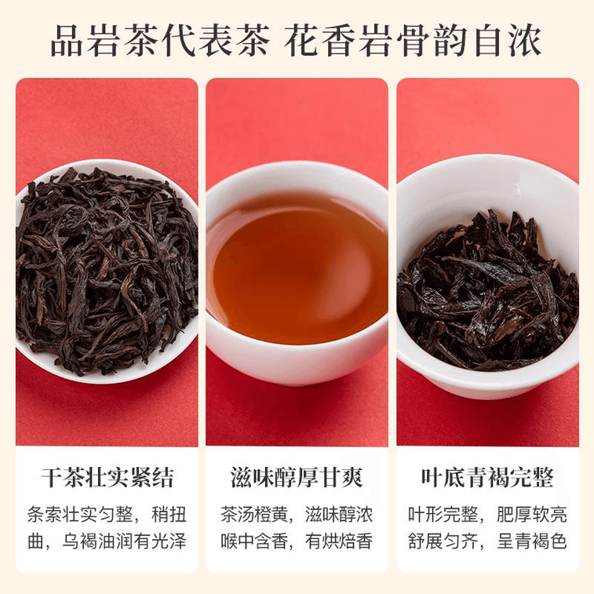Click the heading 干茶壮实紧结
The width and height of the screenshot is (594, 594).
108,478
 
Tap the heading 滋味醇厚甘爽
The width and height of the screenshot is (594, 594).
297,478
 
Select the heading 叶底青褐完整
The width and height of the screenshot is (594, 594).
487,478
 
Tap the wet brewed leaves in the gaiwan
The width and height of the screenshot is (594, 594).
488,292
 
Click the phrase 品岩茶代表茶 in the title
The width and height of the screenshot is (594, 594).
160,41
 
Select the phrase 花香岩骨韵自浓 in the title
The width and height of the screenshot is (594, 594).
413,41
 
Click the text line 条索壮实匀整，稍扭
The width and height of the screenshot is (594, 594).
108,515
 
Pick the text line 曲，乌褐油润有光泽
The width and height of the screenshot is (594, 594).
108,541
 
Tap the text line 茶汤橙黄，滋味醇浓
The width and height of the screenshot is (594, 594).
297,515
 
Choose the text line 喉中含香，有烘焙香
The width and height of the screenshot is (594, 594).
297,541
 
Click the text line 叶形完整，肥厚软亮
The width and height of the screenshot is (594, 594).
487,515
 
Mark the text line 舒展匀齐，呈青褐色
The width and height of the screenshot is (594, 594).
487,541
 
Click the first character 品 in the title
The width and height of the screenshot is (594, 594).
67,41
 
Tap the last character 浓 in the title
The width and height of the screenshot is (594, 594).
525,41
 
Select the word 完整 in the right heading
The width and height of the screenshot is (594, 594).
532,478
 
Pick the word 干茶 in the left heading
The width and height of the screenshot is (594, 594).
63,478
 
